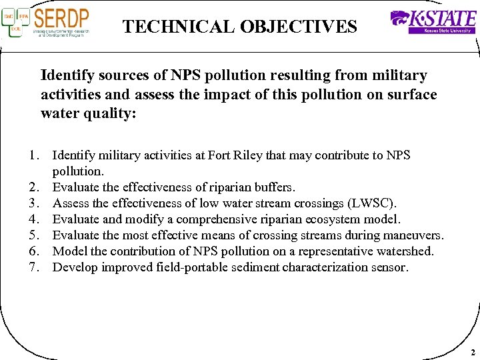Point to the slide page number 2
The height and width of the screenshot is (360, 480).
(x=472, y=351)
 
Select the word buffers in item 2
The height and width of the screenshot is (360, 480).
(x=272, y=187)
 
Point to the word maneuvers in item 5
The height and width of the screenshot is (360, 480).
(x=415, y=235)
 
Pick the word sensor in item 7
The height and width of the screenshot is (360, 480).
(x=389, y=267)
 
